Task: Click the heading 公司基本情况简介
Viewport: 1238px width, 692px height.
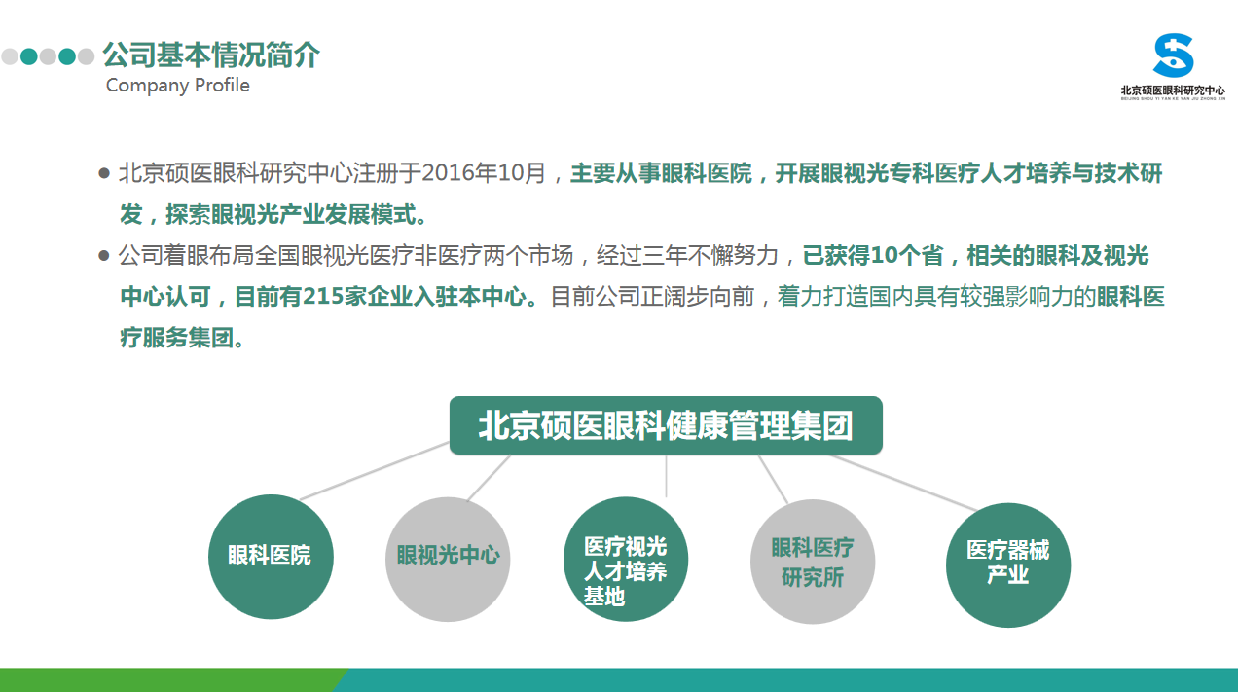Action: pyautogui.click(x=211, y=55)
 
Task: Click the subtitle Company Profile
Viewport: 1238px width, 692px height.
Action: pyautogui.click(x=177, y=86)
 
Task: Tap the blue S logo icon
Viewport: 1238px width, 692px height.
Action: pyautogui.click(x=1173, y=55)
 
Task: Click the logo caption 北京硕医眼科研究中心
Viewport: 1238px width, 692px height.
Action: pyautogui.click(x=1173, y=91)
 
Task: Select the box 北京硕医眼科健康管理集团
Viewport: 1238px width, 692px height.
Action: pyautogui.click(x=666, y=425)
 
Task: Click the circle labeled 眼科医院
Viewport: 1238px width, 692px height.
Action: pyautogui.click(x=271, y=557)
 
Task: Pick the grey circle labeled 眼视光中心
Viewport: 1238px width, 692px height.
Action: pyautogui.click(x=448, y=559)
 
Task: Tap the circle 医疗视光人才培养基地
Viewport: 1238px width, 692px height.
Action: pyautogui.click(x=626, y=559)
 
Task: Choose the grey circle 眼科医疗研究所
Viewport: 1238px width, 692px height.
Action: pyautogui.click(x=813, y=562)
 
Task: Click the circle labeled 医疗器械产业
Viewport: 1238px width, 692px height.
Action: pyautogui.click(x=1008, y=565)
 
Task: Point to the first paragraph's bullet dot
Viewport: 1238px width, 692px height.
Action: pyautogui.click(x=104, y=173)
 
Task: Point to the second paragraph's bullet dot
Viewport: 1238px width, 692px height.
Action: pyautogui.click(x=104, y=256)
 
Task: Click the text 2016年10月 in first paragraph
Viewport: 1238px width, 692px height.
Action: pyautogui.click(x=484, y=173)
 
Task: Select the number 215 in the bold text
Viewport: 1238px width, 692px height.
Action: pyautogui.click(x=323, y=297)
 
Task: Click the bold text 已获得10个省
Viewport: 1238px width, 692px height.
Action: pyautogui.click(x=873, y=255)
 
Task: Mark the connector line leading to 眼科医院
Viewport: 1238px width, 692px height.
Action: pyautogui.click(x=375, y=471)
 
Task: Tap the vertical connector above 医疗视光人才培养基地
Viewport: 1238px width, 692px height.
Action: pyautogui.click(x=666, y=476)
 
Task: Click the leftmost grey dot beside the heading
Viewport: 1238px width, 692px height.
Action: pyautogui.click(x=10, y=56)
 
